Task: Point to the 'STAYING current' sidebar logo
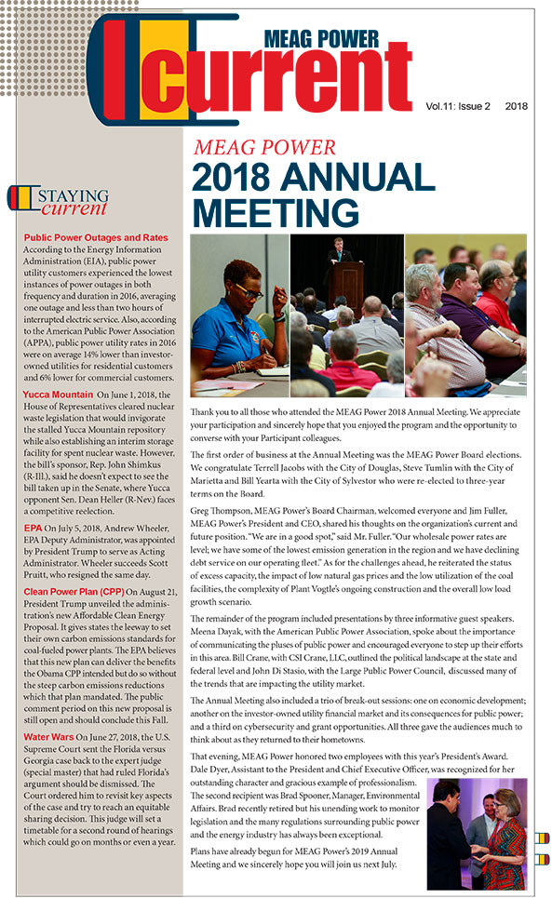(60, 201)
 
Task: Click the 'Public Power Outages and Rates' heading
(95, 238)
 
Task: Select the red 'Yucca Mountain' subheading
(58, 395)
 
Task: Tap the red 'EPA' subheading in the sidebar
(33, 527)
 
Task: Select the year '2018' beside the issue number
(516, 106)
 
